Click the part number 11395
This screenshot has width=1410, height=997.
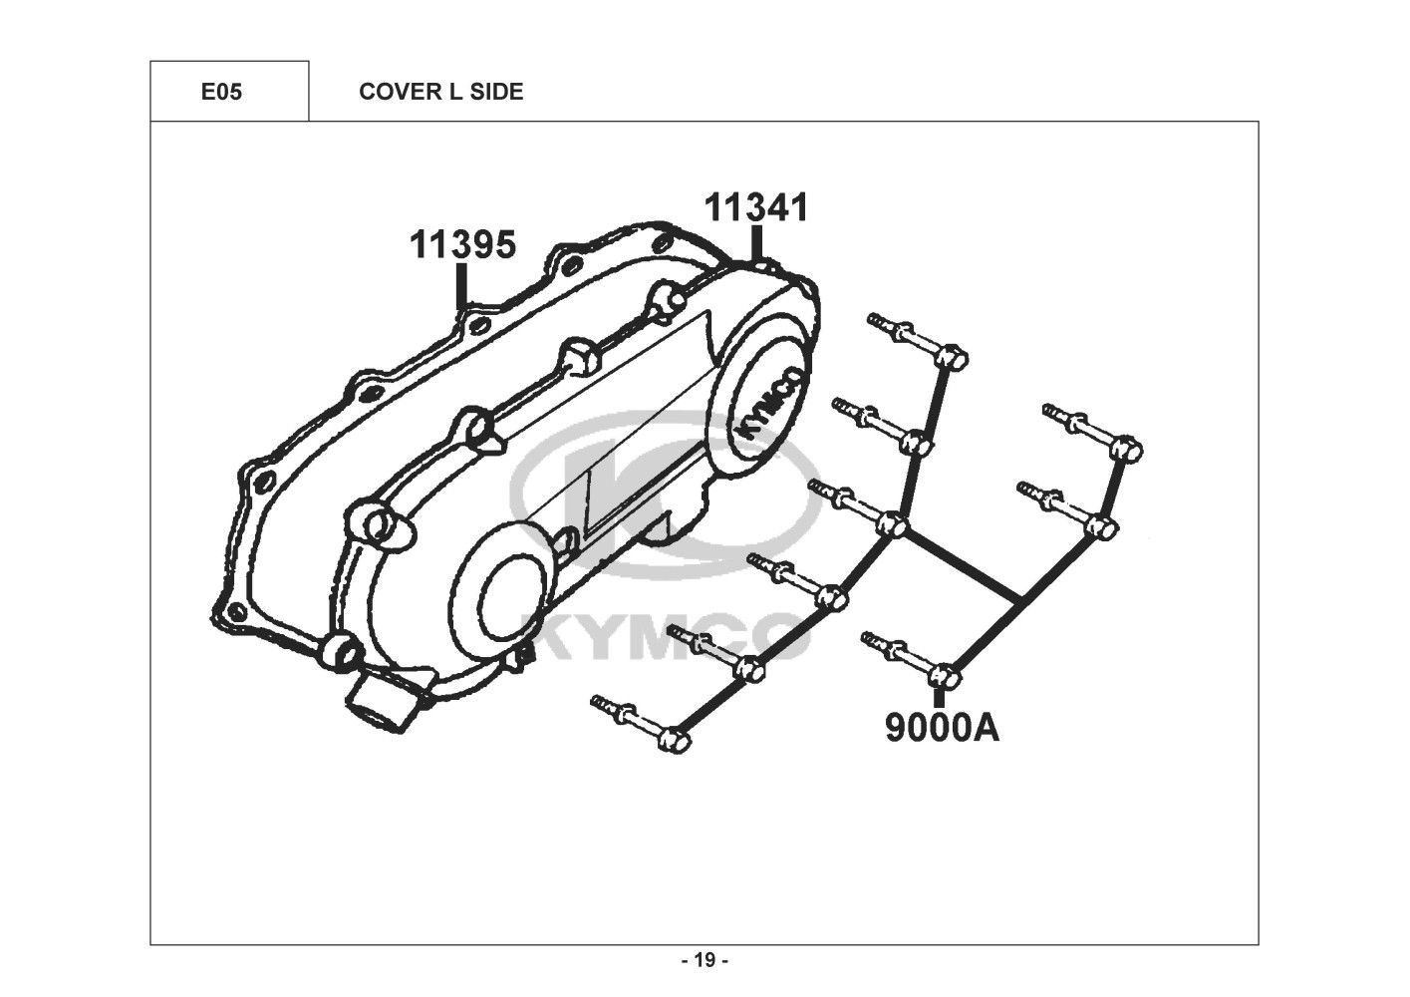(463, 244)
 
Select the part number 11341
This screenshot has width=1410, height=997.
(757, 207)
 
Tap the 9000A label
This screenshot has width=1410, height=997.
(942, 728)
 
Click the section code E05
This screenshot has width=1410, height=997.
(221, 92)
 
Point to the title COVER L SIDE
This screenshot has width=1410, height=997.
(440, 92)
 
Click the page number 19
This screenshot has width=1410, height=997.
(705, 961)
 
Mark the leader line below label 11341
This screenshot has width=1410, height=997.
(757, 242)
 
